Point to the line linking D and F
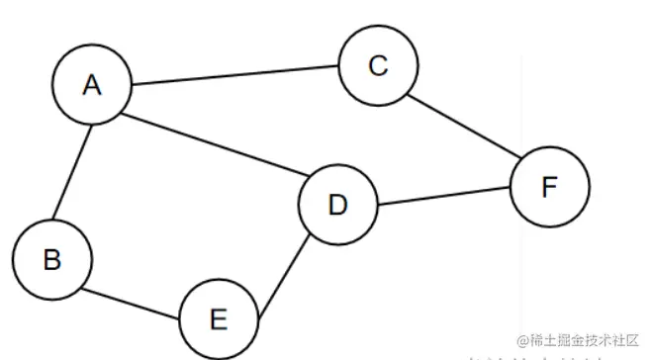tap(443, 196)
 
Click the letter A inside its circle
tap(92, 85)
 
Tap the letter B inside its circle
tap(52, 259)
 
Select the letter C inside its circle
tap(377, 65)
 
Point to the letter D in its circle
tap(337, 205)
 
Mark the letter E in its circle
tap(219, 318)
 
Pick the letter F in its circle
tap(550, 186)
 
